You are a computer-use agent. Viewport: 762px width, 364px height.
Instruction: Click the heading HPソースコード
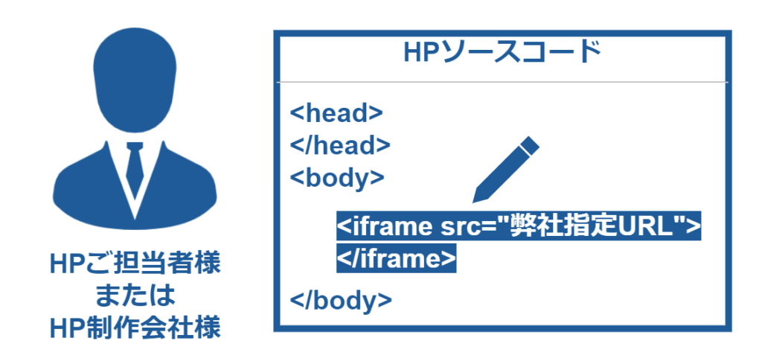click(502, 53)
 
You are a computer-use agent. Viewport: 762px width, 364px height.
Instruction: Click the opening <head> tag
click(336, 113)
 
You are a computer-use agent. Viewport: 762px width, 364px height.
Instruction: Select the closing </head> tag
click(340, 145)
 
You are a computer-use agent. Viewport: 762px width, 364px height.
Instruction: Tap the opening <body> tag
click(337, 178)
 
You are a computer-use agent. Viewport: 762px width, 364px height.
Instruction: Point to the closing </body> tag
click(341, 301)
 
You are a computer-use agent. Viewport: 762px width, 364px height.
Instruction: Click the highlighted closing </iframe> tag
click(396, 259)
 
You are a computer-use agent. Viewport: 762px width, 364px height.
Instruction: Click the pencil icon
click(505, 170)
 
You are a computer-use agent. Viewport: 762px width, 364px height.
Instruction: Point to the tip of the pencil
click(473, 202)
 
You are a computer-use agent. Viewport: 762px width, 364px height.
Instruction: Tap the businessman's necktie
click(135, 167)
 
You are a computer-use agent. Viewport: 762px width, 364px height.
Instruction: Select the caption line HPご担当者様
click(135, 265)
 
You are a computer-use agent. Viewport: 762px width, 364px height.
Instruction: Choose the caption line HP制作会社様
click(135, 328)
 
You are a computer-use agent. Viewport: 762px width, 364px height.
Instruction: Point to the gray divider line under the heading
click(502, 82)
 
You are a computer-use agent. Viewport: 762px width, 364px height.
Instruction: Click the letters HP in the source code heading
click(421, 53)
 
